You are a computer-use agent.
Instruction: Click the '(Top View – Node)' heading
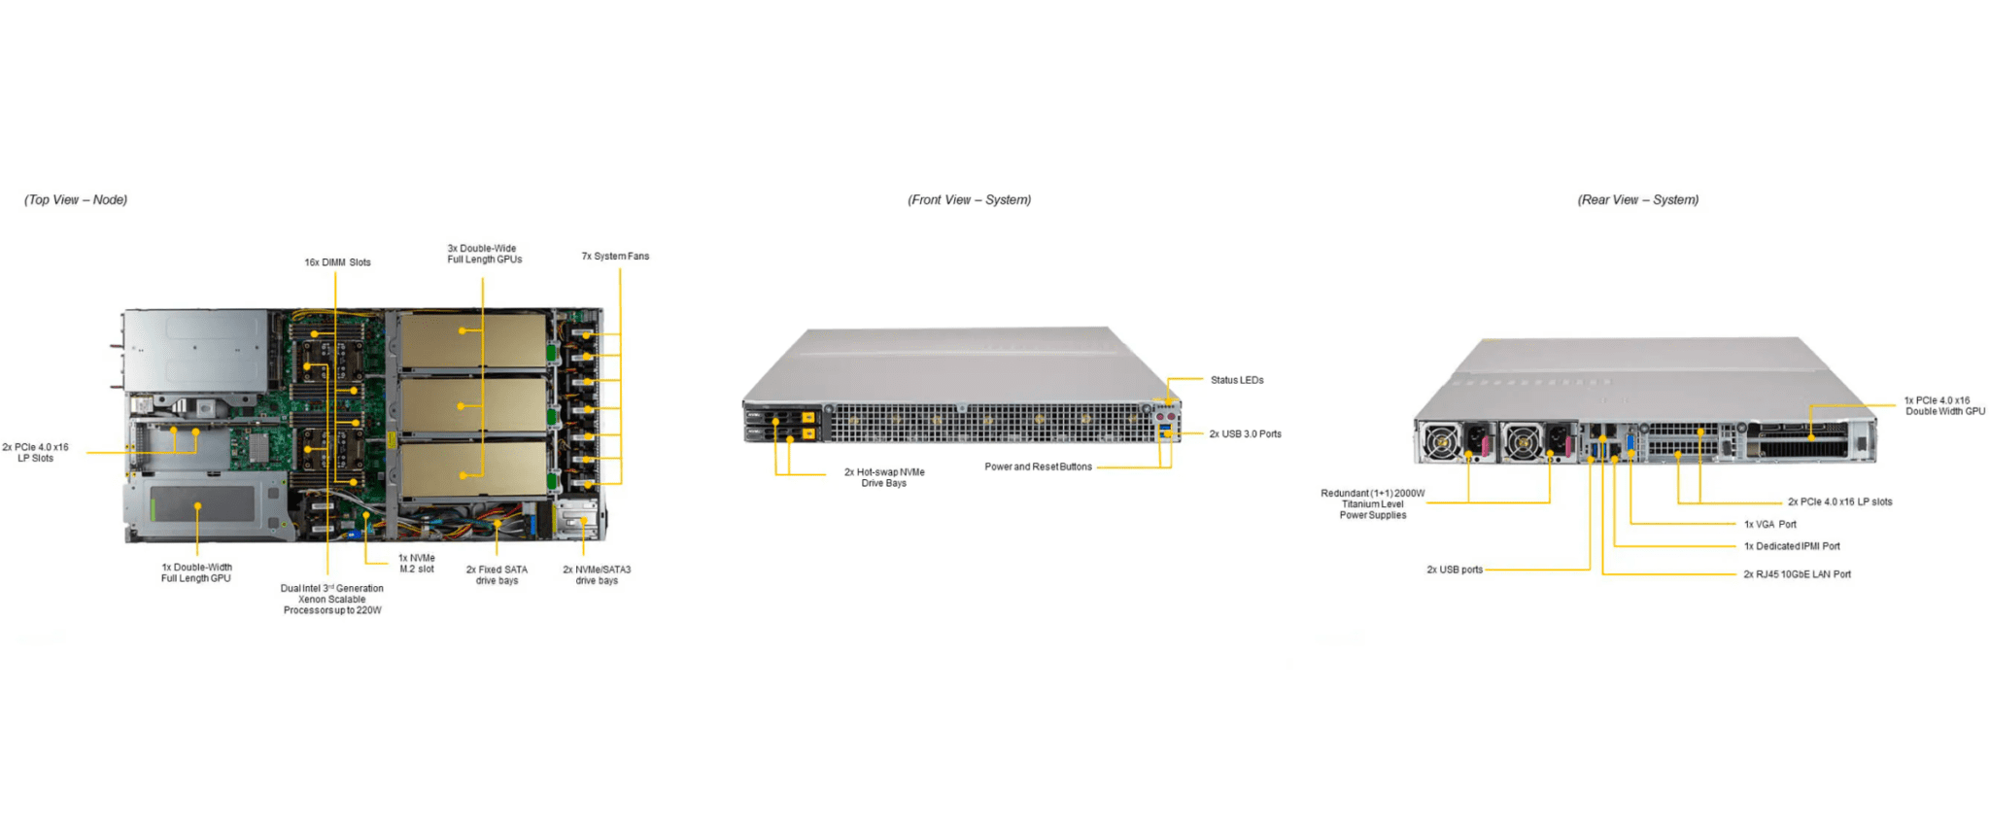[76, 200]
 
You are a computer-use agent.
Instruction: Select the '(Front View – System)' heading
[969, 200]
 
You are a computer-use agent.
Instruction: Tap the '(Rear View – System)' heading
[1637, 200]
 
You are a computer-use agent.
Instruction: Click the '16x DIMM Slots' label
[337, 262]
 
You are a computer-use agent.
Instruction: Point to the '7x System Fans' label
[615, 257]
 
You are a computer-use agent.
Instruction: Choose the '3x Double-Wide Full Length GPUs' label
[484, 255]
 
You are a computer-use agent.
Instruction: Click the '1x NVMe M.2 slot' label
[417, 564]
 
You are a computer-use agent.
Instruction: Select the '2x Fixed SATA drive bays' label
[497, 575]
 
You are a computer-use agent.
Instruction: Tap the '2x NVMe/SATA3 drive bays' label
[597, 575]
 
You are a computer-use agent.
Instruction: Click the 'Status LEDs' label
[1237, 380]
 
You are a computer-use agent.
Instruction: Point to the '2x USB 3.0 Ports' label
[1245, 434]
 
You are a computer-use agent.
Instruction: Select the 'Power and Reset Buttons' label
[1038, 467]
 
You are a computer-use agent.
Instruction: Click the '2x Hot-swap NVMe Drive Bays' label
[884, 477]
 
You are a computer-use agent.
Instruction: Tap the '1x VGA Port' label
[1769, 525]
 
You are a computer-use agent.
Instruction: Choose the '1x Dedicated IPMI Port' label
[1792, 546]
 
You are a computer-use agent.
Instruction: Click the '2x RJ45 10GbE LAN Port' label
[1797, 574]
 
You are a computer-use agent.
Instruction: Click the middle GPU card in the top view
[472, 405]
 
